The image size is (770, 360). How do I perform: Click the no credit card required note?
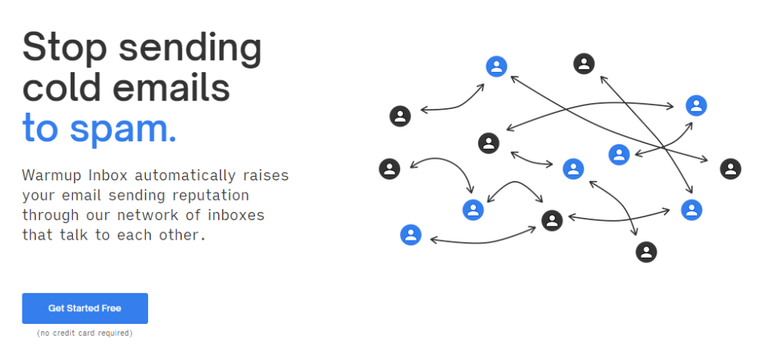pyautogui.click(x=84, y=333)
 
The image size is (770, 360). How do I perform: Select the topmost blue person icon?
pyautogui.click(x=496, y=66)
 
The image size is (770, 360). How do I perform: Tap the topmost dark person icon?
pyautogui.click(x=584, y=64)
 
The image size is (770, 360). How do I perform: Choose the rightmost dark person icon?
pyautogui.click(x=730, y=169)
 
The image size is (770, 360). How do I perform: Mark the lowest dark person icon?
pyautogui.click(x=646, y=252)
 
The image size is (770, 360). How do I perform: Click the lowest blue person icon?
pyautogui.click(x=411, y=234)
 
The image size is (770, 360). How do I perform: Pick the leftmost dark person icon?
pyautogui.click(x=390, y=169)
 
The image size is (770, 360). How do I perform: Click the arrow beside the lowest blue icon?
pyautogui.click(x=484, y=242)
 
